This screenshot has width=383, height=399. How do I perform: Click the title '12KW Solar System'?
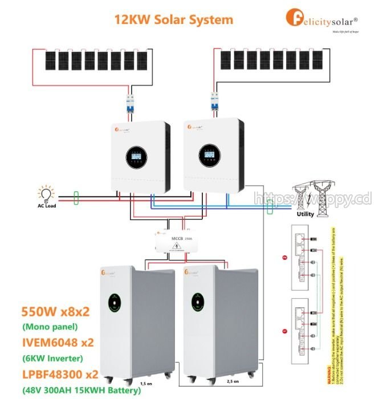pos(174,19)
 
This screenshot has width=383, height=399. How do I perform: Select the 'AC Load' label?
pos(44,206)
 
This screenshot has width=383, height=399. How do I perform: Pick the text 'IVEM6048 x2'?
pos(58,343)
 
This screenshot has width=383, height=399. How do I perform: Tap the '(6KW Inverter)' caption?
pos(52,358)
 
